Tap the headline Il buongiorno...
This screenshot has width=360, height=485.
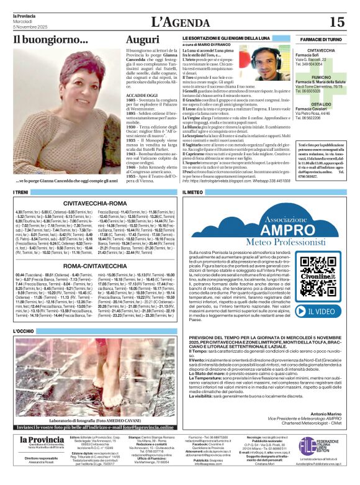tap(51, 41)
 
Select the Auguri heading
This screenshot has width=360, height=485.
tap(142, 41)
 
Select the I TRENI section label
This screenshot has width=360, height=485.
tap(22, 193)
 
